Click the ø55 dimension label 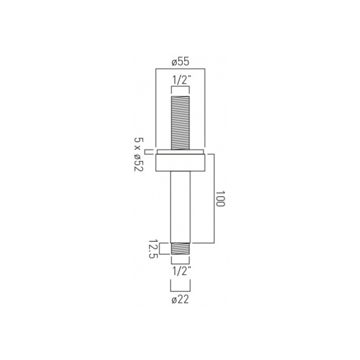(x=180, y=62)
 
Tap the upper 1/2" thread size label (x=181, y=81)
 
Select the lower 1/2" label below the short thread (x=181, y=271)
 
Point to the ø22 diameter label (x=180, y=300)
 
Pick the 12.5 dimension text (x=153, y=249)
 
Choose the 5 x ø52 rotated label (x=139, y=154)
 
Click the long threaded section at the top (x=180, y=123)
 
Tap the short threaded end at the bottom (x=180, y=249)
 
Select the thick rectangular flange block (x=180, y=163)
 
